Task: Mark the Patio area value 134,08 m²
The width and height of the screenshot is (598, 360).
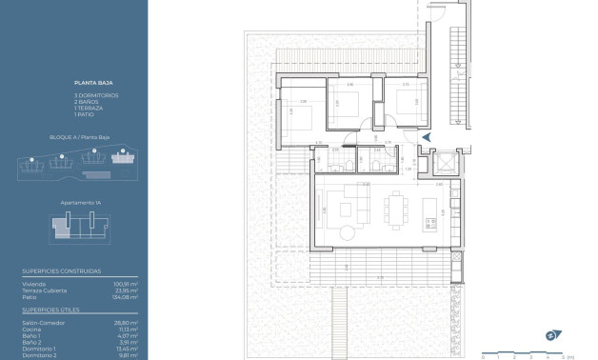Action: tap(126, 297)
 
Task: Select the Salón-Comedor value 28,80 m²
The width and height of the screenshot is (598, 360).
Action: tap(128, 323)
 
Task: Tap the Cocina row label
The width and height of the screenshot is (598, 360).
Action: tap(30, 330)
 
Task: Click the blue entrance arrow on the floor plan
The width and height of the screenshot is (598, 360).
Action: tap(426, 138)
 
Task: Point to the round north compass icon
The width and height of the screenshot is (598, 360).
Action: tap(549, 335)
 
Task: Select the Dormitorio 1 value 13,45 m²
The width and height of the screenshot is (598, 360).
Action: tap(128, 349)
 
